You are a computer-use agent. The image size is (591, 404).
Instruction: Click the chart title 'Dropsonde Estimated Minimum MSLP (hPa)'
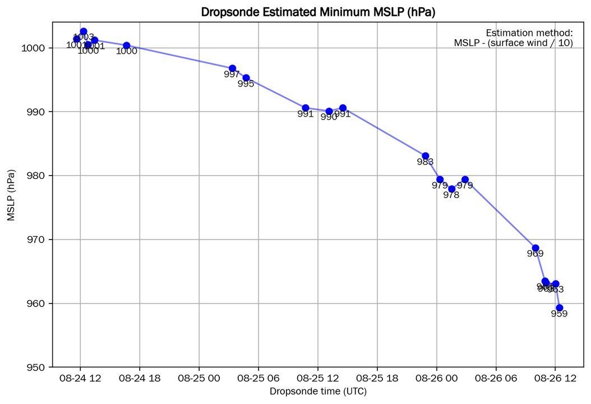click(x=318, y=11)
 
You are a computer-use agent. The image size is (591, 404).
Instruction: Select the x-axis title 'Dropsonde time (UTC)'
click(x=318, y=391)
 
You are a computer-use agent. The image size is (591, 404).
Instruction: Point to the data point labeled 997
click(x=232, y=68)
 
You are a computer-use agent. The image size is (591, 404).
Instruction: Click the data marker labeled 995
click(x=246, y=78)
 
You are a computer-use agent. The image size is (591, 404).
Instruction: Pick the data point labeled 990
click(x=329, y=111)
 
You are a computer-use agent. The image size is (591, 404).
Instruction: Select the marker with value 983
click(x=426, y=156)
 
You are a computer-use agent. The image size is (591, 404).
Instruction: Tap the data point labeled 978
click(x=451, y=189)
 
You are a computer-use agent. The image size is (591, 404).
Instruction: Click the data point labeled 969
click(x=535, y=248)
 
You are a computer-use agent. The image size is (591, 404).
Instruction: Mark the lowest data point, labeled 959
click(x=559, y=307)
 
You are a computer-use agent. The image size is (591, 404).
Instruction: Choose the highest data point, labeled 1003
click(x=84, y=31)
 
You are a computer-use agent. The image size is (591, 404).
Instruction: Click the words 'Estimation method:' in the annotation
click(x=529, y=33)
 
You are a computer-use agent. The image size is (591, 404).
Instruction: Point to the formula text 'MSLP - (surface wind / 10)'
click(x=513, y=43)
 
